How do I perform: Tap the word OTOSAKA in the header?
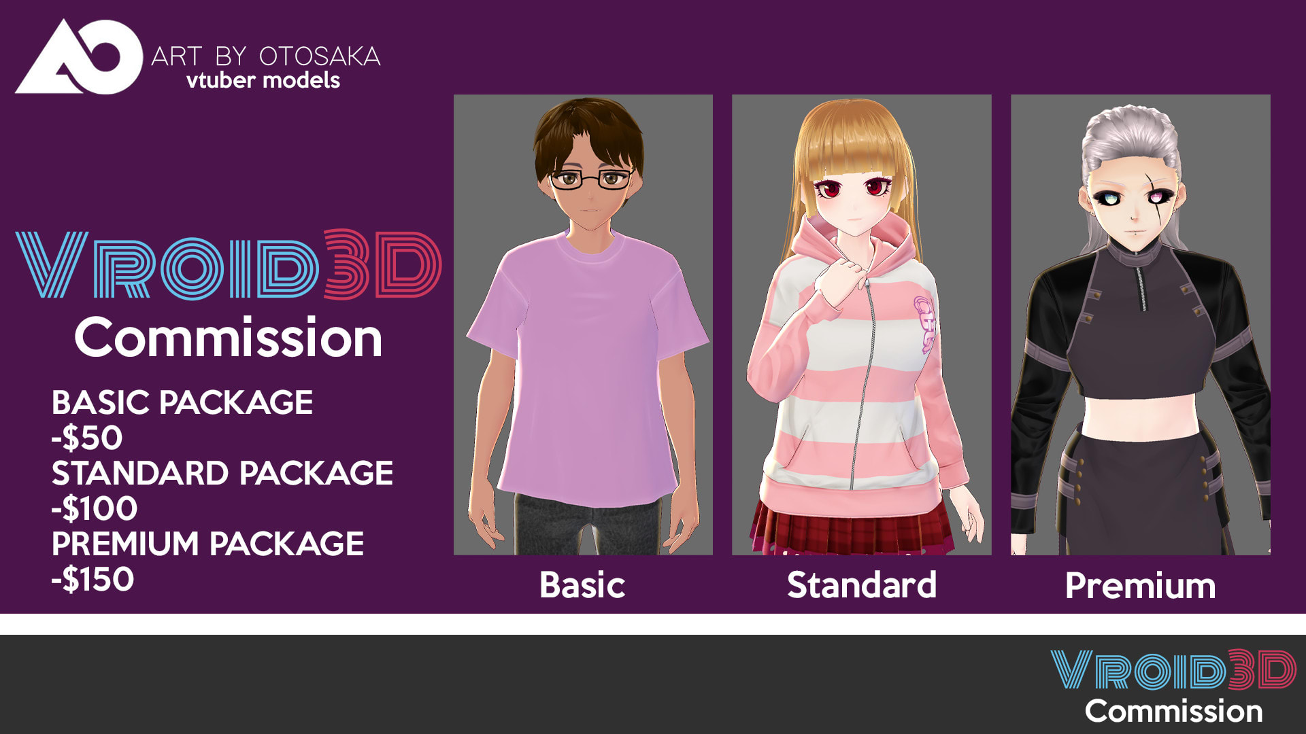pos(320,56)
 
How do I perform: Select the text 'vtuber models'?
pos(263,80)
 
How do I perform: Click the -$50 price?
pos(87,438)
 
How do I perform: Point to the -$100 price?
pos(95,508)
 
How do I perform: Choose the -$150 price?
pos(93,579)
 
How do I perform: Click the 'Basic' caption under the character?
pos(582,585)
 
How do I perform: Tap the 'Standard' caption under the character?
pos(862,585)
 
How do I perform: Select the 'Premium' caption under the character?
pos(1141,586)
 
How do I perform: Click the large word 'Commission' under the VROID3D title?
pos(229,338)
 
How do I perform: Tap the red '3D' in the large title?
pos(382,264)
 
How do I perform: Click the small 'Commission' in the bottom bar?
pos(1174,712)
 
